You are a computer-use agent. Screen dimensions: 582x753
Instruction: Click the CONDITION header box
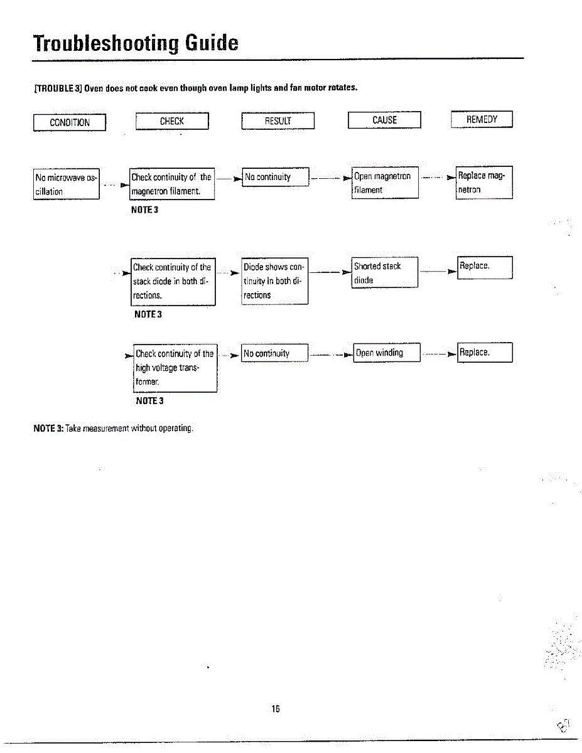click(x=70, y=122)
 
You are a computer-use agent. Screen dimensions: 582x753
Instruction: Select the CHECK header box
click(x=172, y=121)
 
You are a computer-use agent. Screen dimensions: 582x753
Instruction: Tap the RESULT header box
click(x=278, y=120)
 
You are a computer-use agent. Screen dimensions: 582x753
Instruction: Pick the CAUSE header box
click(x=384, y=120)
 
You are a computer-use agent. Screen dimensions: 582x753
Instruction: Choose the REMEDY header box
click(x=482, y=119)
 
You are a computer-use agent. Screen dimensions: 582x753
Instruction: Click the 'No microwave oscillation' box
click(x=66, y=184)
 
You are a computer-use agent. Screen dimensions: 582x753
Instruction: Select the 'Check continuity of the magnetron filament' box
click(x=172, y=184)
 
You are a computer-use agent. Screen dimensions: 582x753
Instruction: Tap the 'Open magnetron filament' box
click(x=385, y=183)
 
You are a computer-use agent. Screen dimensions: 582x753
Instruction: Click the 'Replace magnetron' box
click(x=484, y=182)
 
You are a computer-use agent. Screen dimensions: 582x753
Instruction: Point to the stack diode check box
click(x=173, y=282)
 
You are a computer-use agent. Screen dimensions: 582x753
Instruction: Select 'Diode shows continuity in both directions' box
click(x=275, y=281)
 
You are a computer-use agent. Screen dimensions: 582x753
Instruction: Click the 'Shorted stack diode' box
click(x=385, y=272)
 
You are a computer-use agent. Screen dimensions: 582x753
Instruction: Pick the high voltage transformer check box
click(x=175, y=368)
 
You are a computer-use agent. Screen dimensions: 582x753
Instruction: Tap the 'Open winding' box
click(x=387, y=353)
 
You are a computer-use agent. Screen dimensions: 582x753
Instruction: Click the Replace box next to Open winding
click(x=485, y=353)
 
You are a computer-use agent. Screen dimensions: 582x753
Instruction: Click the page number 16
click(x=276, y=708)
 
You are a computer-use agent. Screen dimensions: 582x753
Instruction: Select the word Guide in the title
click(x=212, y=43)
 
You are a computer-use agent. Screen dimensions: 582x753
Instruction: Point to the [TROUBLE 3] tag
click(x=58, y=88)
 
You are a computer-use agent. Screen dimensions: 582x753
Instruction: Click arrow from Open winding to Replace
click(x=439, y=354)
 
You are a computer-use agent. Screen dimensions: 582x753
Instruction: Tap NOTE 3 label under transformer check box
click(x=150, y=401)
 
